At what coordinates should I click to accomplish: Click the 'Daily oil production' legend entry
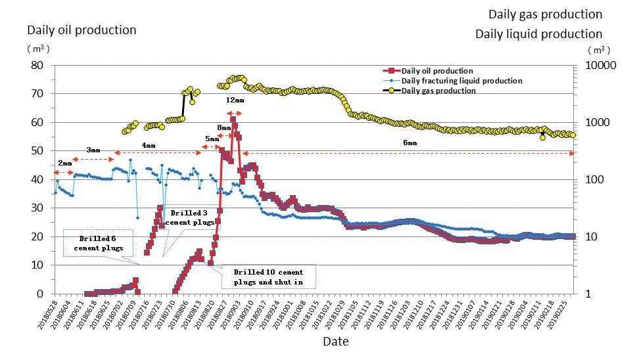click(437, 71)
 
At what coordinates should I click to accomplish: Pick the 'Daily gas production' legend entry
click(438, 91)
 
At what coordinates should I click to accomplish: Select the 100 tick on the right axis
click(589, 180)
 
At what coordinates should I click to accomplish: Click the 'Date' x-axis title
click(335, 342)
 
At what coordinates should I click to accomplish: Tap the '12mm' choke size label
click(235, 101)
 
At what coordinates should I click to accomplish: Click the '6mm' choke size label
click(409, 143)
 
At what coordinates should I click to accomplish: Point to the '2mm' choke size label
click(64, 162)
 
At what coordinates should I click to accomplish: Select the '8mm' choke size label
click(223, 127)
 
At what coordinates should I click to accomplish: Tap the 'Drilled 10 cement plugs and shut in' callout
click(268, 277)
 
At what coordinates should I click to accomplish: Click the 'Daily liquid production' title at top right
click(538, 34)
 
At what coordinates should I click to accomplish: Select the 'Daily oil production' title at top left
click(82, 30)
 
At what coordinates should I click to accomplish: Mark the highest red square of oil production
click(233, 120)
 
